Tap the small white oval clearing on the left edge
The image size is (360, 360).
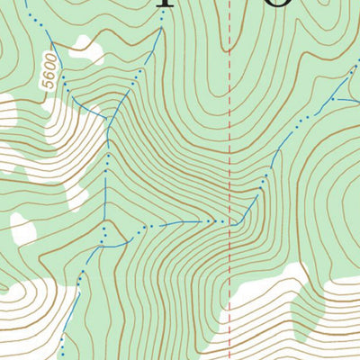[x=22, y=229]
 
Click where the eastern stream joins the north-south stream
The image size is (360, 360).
[x=105, y=221]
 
